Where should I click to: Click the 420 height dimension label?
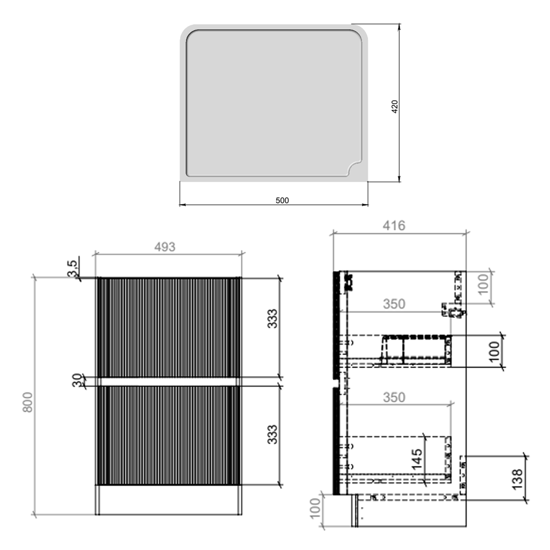point(395,106)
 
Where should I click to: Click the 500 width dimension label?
point(282,200)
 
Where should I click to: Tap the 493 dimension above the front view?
point(165,247)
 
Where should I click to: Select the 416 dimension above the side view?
point(394,225)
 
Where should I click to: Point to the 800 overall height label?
point(28,402)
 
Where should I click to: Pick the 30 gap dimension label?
point(77,380)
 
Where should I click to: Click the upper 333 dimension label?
point(272,319)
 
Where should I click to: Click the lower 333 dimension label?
point(272,434)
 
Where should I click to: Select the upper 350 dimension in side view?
point(394,304)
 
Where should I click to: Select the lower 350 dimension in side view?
point(394,397)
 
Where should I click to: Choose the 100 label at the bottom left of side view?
point(315,508)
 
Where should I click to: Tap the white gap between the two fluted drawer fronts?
point(169,382)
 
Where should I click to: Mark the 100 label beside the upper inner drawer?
point(494,351)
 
